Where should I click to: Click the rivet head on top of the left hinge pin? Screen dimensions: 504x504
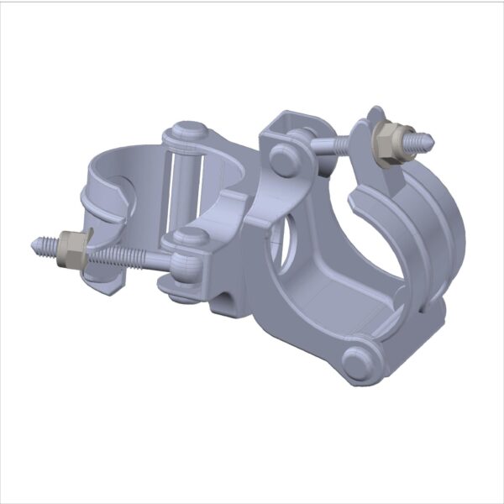point(185,132)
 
